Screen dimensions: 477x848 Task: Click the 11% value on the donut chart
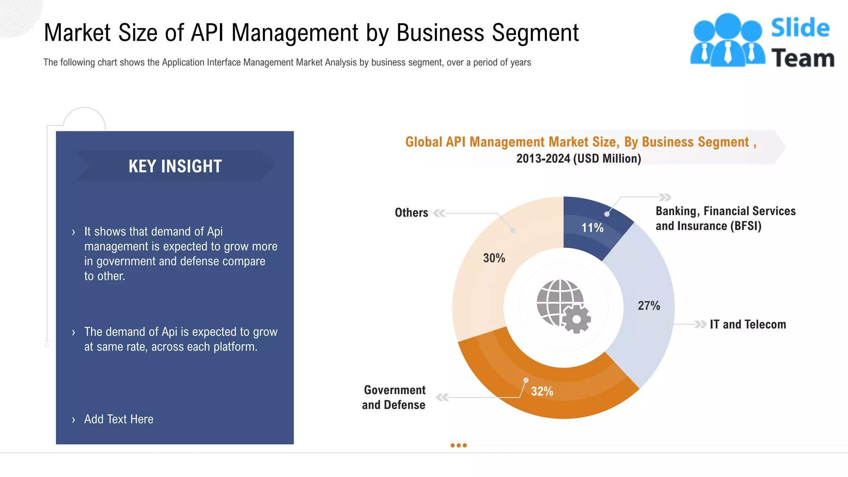592,228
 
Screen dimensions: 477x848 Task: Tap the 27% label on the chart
648,306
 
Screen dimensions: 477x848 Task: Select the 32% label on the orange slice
542,391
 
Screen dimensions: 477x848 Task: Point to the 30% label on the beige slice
494,258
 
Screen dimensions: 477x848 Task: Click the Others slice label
411,213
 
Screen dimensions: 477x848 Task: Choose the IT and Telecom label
748,324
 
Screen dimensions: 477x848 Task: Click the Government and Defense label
394,397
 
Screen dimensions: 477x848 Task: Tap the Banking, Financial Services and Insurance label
725,218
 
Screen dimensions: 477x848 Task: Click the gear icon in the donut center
576,319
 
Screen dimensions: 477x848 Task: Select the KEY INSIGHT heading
175,166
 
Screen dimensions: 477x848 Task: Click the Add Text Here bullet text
119,419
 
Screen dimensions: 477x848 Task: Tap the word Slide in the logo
800,28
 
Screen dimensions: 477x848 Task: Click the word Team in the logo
802,58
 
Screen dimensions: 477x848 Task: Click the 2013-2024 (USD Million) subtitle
578,159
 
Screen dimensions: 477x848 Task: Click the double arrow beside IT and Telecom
700,324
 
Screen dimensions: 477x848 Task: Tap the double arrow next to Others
439,213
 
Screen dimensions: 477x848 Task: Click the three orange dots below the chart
458,446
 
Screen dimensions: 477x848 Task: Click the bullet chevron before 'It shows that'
74,232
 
